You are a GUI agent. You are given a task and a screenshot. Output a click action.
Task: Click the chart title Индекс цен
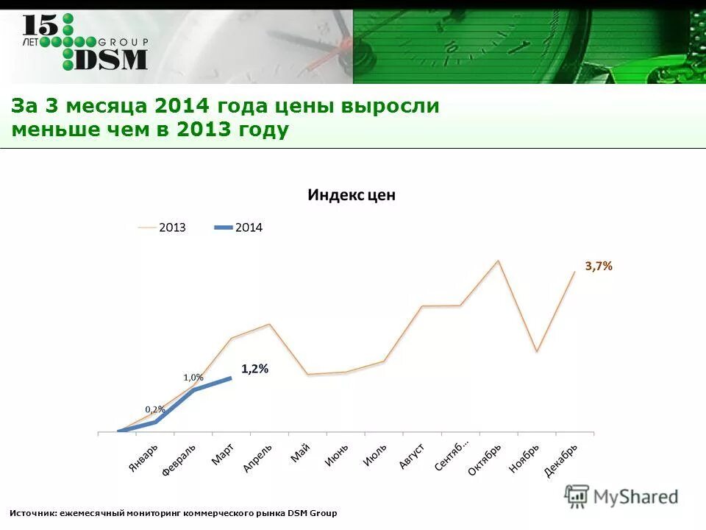351,195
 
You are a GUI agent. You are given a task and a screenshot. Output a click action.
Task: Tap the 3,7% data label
599,266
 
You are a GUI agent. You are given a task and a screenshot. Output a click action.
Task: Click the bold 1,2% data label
254,369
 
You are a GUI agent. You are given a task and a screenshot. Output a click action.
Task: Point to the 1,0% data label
193,377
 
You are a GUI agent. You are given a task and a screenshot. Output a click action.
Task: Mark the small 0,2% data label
154,409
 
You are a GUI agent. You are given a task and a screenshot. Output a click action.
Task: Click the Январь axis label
143,459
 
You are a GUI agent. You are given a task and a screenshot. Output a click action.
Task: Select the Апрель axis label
257,458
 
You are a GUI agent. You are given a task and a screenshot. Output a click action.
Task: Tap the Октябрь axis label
485,459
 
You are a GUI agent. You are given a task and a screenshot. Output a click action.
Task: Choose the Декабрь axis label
561,460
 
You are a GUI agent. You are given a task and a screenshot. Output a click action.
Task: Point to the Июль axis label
376,454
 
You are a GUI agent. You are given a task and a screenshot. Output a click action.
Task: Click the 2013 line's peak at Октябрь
498,261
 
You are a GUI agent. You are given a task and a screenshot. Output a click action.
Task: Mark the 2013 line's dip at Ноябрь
537,352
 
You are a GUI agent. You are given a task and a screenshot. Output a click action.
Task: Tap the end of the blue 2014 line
231,378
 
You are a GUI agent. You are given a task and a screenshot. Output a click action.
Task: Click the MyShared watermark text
635,497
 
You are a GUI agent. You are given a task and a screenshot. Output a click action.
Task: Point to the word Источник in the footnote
34,512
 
